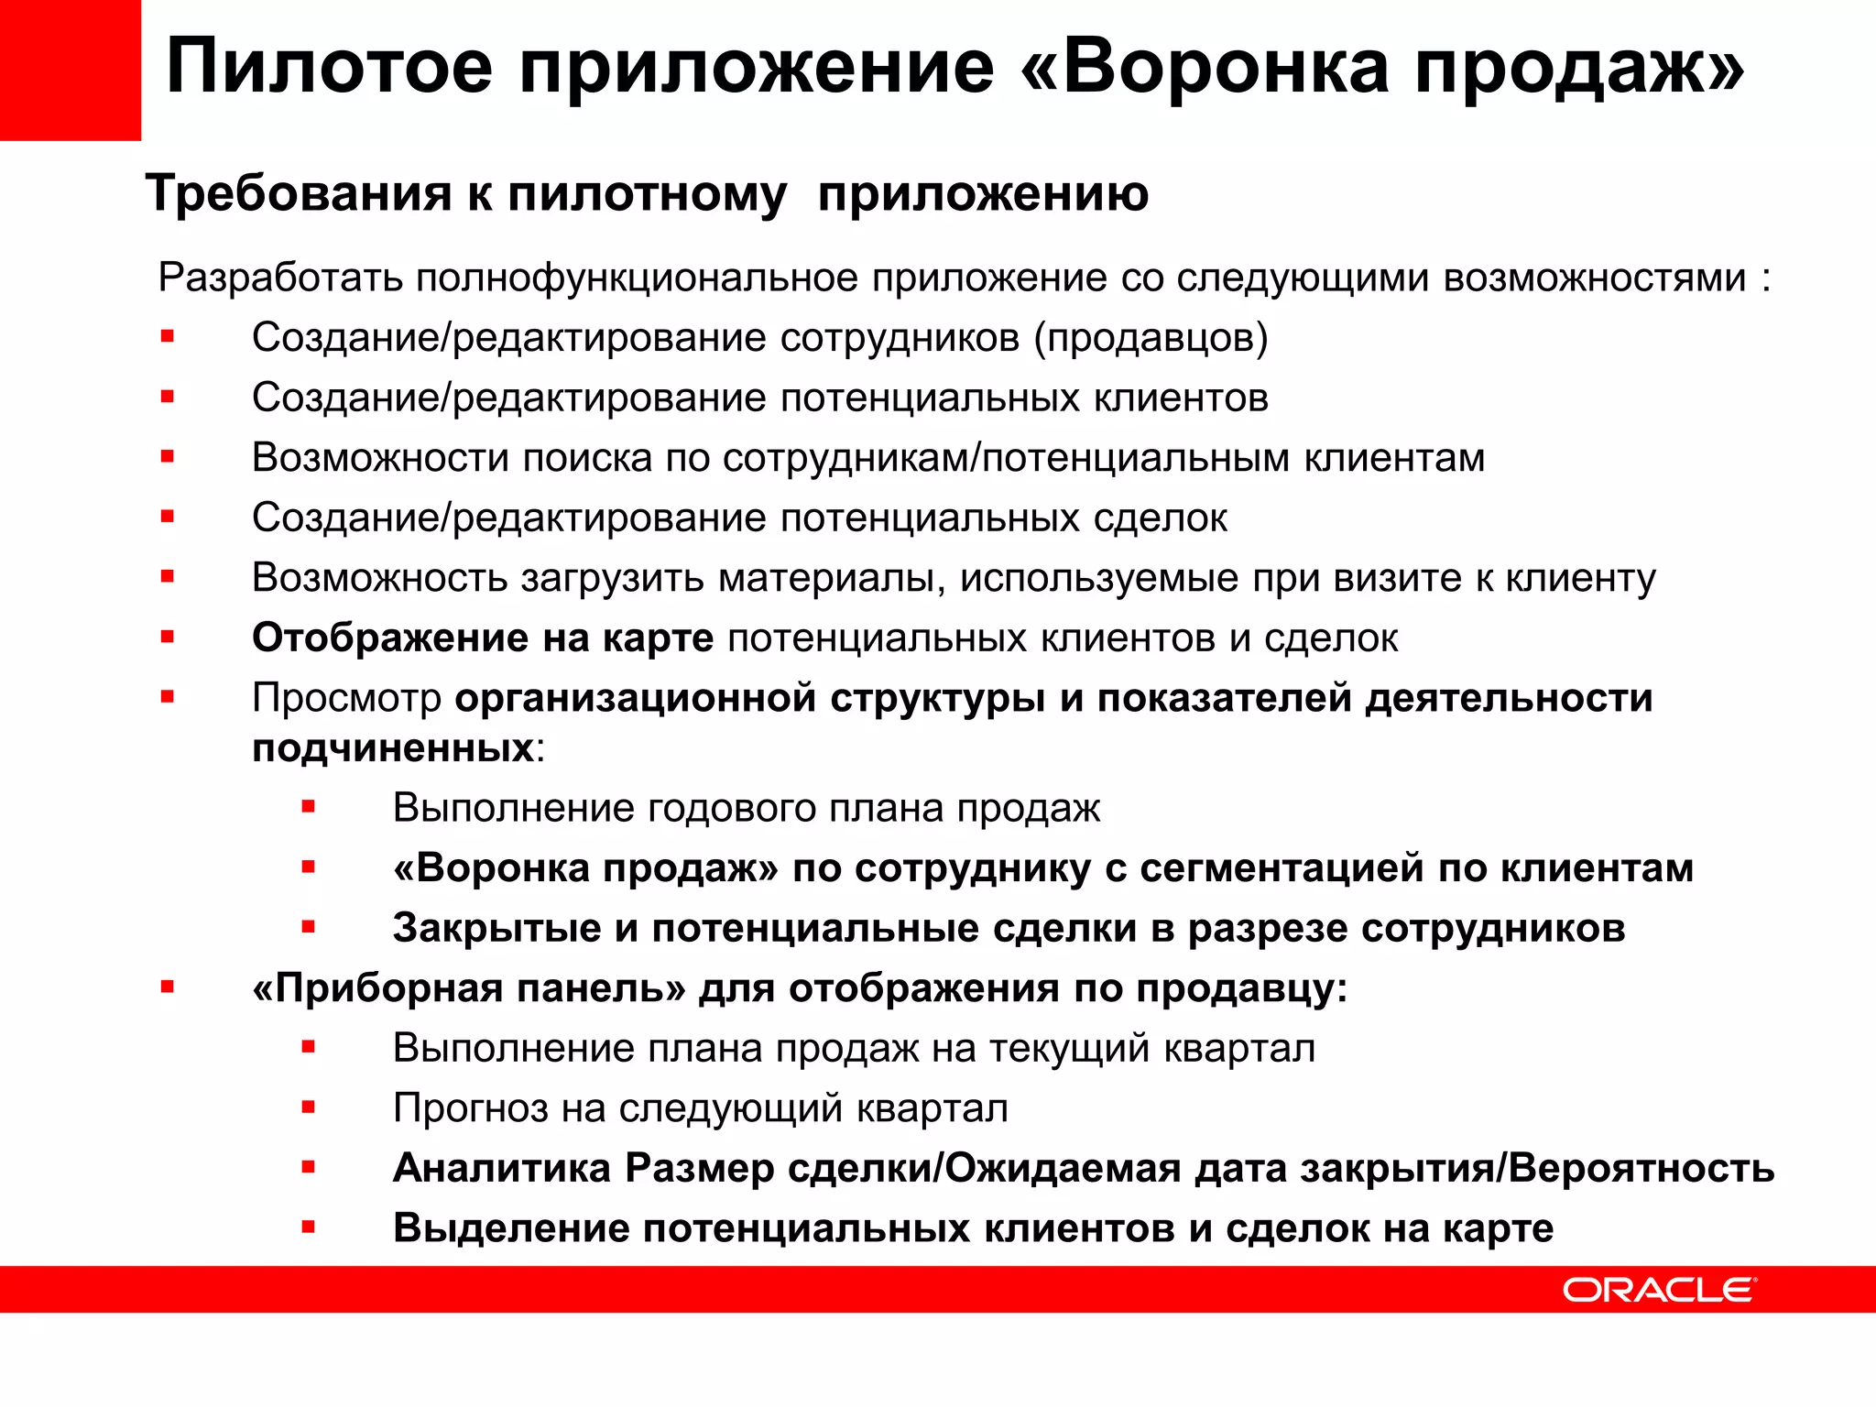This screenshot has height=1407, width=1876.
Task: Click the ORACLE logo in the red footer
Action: pos(1659,1290)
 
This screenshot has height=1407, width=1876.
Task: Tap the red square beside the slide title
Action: pos(71,71)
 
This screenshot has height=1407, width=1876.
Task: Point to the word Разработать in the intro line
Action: pos(280,278)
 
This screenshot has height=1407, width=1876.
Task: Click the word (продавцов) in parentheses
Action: pos(1151,338)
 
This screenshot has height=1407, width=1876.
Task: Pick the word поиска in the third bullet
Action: pos(587,458)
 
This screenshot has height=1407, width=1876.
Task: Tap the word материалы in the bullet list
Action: pos(831,578)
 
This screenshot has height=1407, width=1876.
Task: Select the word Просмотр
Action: pos(346,698)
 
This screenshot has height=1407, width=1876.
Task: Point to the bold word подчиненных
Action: pos(393,748)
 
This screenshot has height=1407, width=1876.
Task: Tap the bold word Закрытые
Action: pos(496,928)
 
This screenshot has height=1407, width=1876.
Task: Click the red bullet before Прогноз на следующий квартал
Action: pos(309,1107)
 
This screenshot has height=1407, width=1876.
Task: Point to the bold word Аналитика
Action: pos(502,1168)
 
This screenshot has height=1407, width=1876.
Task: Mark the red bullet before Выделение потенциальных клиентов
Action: pos(309,1227)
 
